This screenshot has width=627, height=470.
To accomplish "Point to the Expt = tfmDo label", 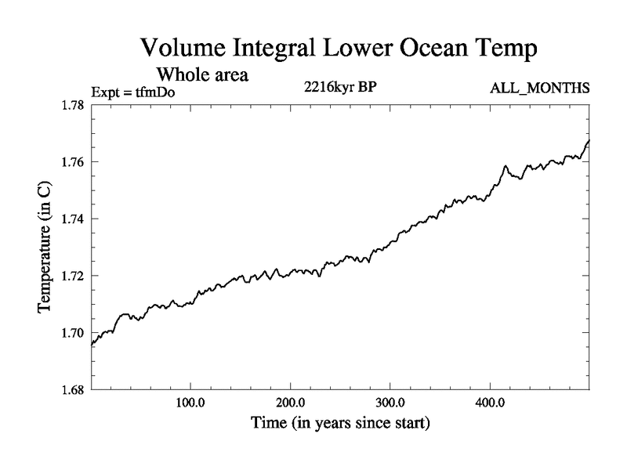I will [x=135, y=92].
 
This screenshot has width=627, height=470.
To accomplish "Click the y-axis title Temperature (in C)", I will [x=45, y=248].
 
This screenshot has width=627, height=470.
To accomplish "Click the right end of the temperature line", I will [x=589, y=140].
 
